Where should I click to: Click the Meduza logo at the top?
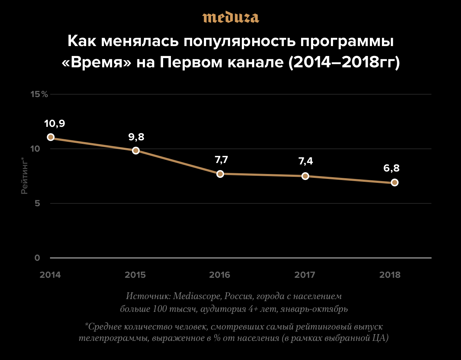pos(230,17)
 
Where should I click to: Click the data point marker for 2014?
pos(51,137)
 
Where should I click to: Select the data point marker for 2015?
pos(135,150)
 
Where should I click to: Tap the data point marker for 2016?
pos(220,174)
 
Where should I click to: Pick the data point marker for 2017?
pos(305,176)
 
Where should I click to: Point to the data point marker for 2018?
pos(394,182)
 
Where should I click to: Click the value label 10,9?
pos(55,124)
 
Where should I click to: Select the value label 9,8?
pos(136,137)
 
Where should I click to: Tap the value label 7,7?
pos(221,160)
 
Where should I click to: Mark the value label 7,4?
pos(306,161)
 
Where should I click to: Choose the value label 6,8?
pos(391,168)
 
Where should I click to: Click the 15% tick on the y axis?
pos(39,94)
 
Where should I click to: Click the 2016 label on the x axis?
pos(220,275)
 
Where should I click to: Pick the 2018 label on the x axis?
pos(390,275)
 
